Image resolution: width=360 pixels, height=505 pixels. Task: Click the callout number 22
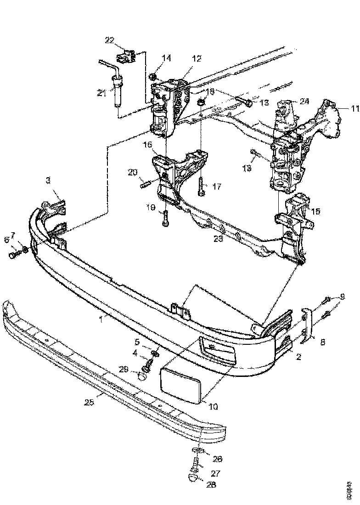pyautogui.click(x=109, y=40)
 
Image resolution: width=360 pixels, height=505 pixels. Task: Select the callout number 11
pyautogui.click(x=354, y=109)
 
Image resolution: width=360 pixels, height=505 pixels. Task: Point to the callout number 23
pyautogui.click(x=219, y=239)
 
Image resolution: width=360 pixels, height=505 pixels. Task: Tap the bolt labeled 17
pyautogui.click(x=201, y=186)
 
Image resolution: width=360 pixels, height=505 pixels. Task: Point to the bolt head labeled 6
pyautogui.click(x=12, y=254)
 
